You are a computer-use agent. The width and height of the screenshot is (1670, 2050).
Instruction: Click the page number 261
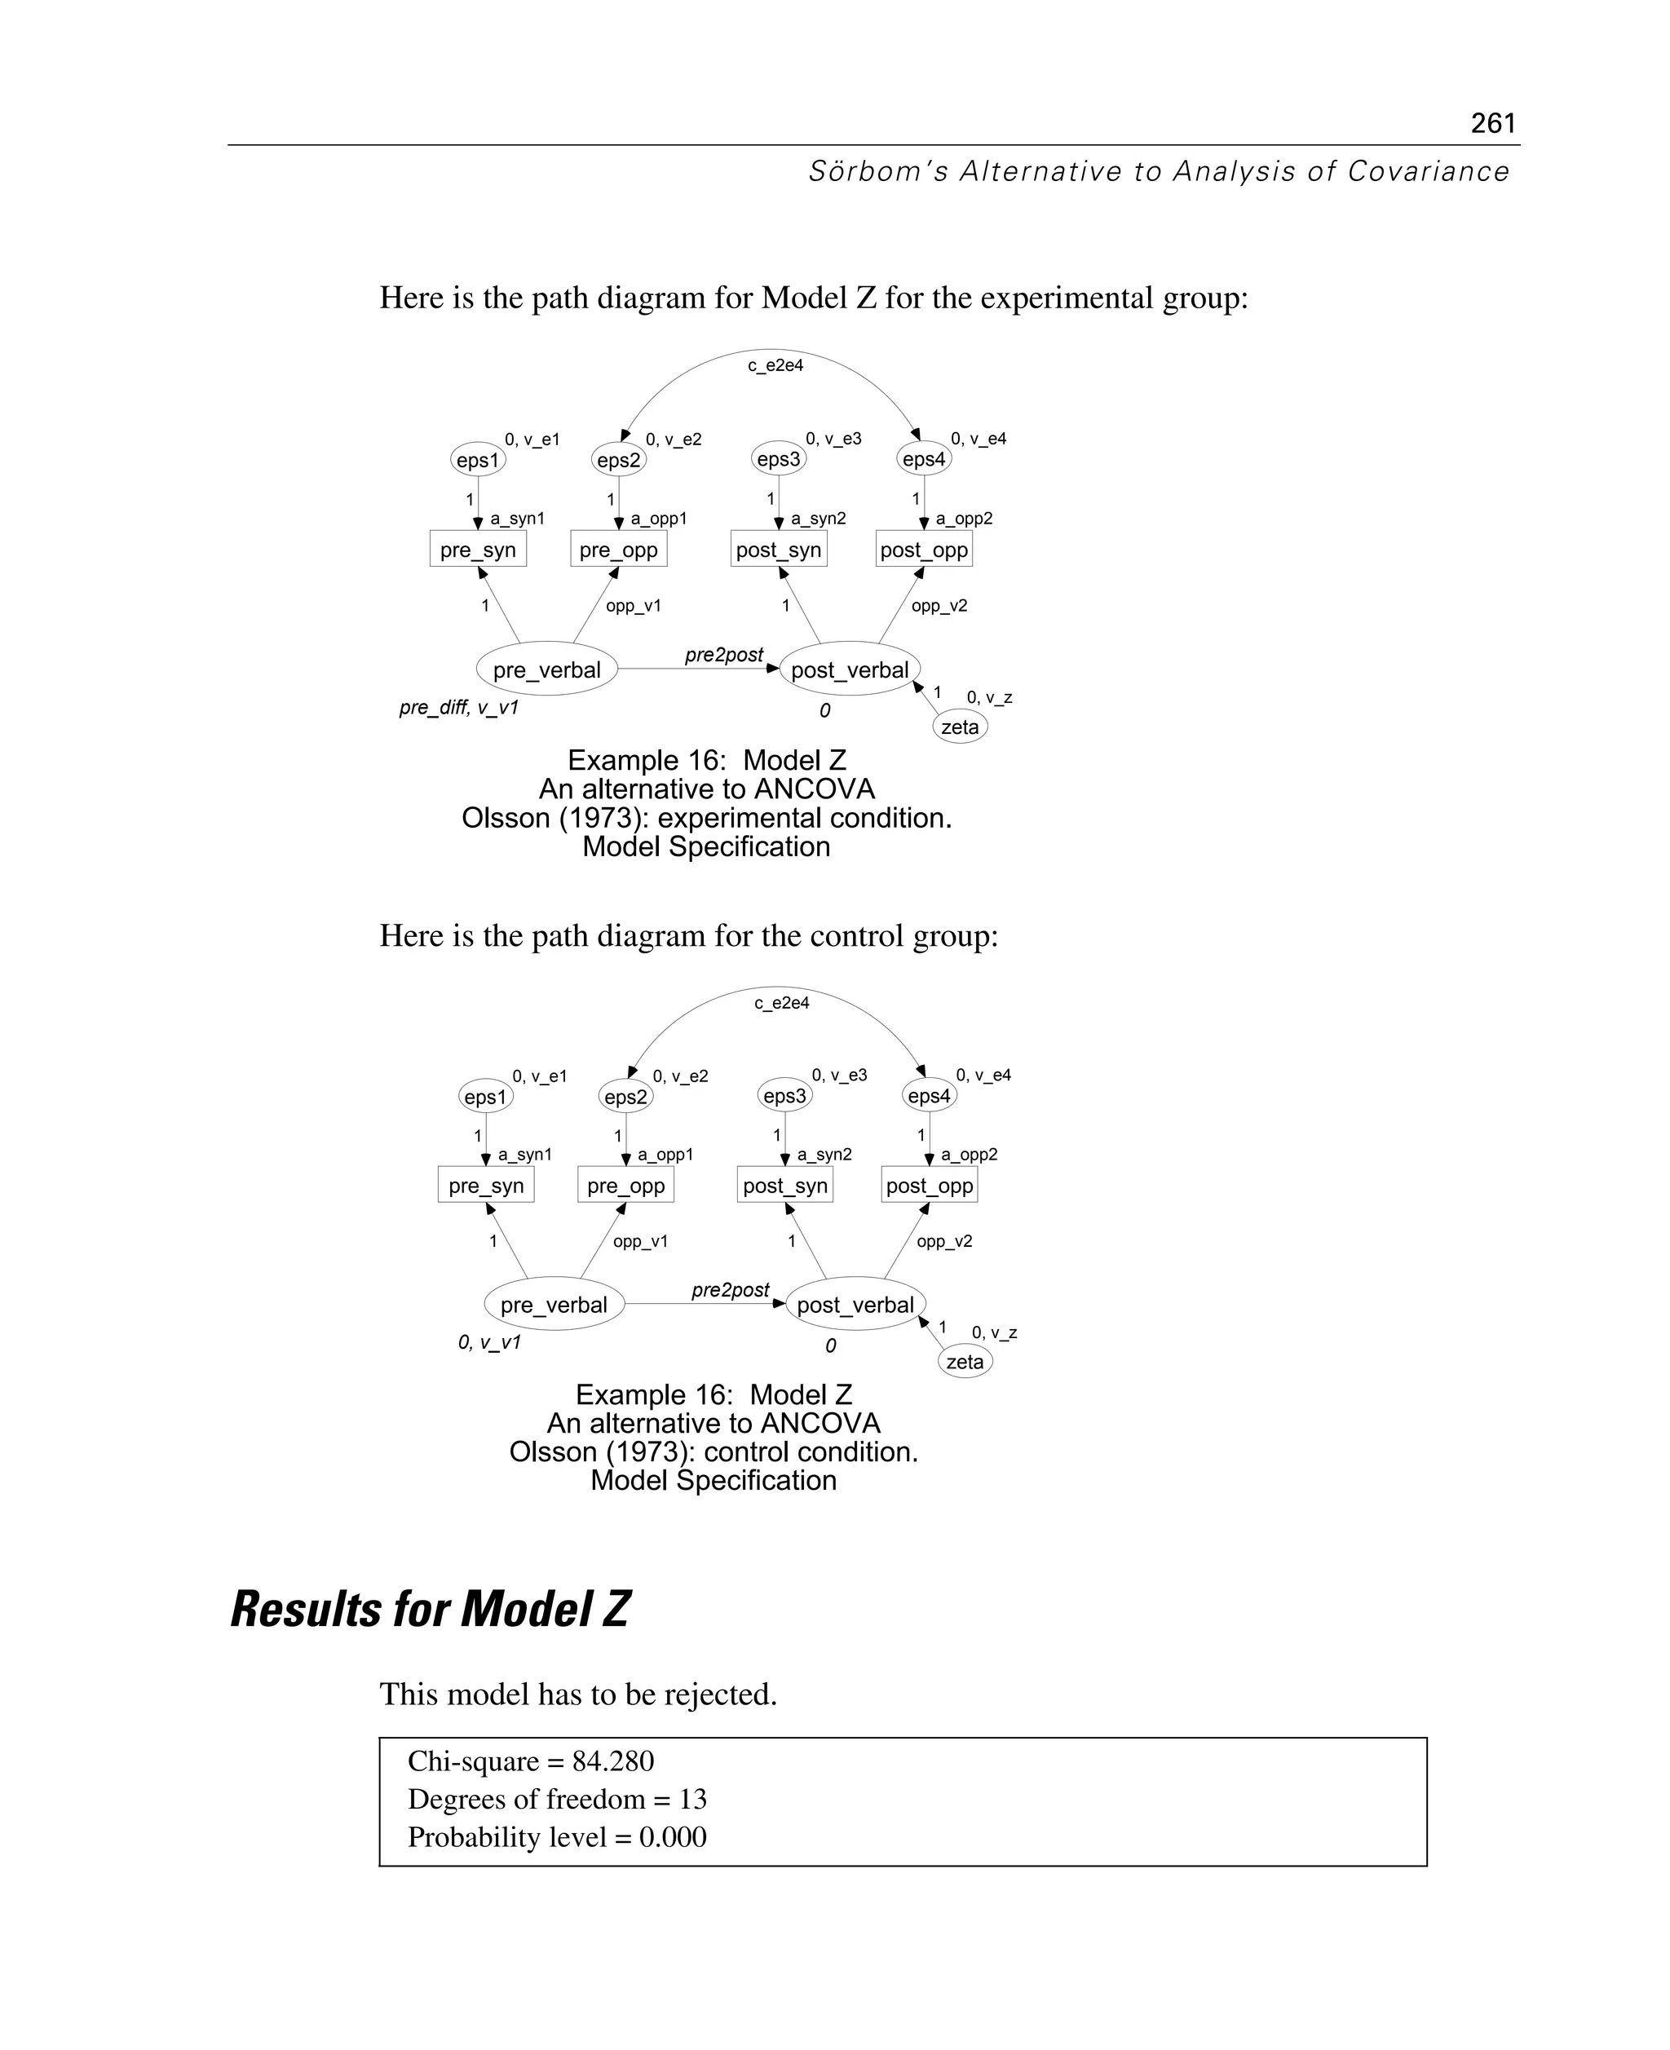pyautogui.click(x=1492, y=123)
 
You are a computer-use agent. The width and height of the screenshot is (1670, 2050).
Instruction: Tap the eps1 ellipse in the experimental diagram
pyautogui.click(x=478, y=460)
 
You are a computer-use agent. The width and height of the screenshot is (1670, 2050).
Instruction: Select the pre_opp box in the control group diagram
pyautogui.click(x=625, y=1185)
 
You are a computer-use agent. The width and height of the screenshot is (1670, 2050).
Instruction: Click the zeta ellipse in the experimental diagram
pyautogui.click(x=960, y=727)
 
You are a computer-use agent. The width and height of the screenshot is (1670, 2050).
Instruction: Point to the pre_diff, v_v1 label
pyautogui.click(x=459, y=708)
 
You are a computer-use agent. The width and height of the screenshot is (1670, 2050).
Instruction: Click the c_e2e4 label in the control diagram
pyautogui.click(x=781, y=1003)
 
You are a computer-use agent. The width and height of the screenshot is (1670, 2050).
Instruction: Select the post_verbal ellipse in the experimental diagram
pyautogui.click(x=850, y=669)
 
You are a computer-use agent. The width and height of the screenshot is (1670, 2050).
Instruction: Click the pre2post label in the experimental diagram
pyautogui.click(x=723, y=655)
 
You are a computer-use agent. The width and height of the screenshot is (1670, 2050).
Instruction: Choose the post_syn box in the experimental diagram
pyautogui.click(x=778, y=550)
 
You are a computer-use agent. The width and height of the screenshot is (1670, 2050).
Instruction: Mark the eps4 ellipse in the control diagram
pyautogui.click(x=930, y=1096)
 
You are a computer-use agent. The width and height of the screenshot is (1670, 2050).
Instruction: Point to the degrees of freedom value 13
pyautogui.click(x=692, y=1799)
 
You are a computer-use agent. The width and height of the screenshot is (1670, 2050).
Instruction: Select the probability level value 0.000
pyautogui.click(x=673, y=1837)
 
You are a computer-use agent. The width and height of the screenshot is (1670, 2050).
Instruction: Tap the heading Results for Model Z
pyautogui.click(x=430, y=1610)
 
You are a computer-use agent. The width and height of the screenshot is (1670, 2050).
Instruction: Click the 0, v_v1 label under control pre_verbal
pyautogui.click(x=488, y=1342)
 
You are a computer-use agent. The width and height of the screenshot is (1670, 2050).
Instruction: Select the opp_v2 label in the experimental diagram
pyautogui.click(x=939, y=606)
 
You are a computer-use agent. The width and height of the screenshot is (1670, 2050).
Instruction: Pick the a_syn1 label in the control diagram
pyautogui.click(x=524, y=1155)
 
